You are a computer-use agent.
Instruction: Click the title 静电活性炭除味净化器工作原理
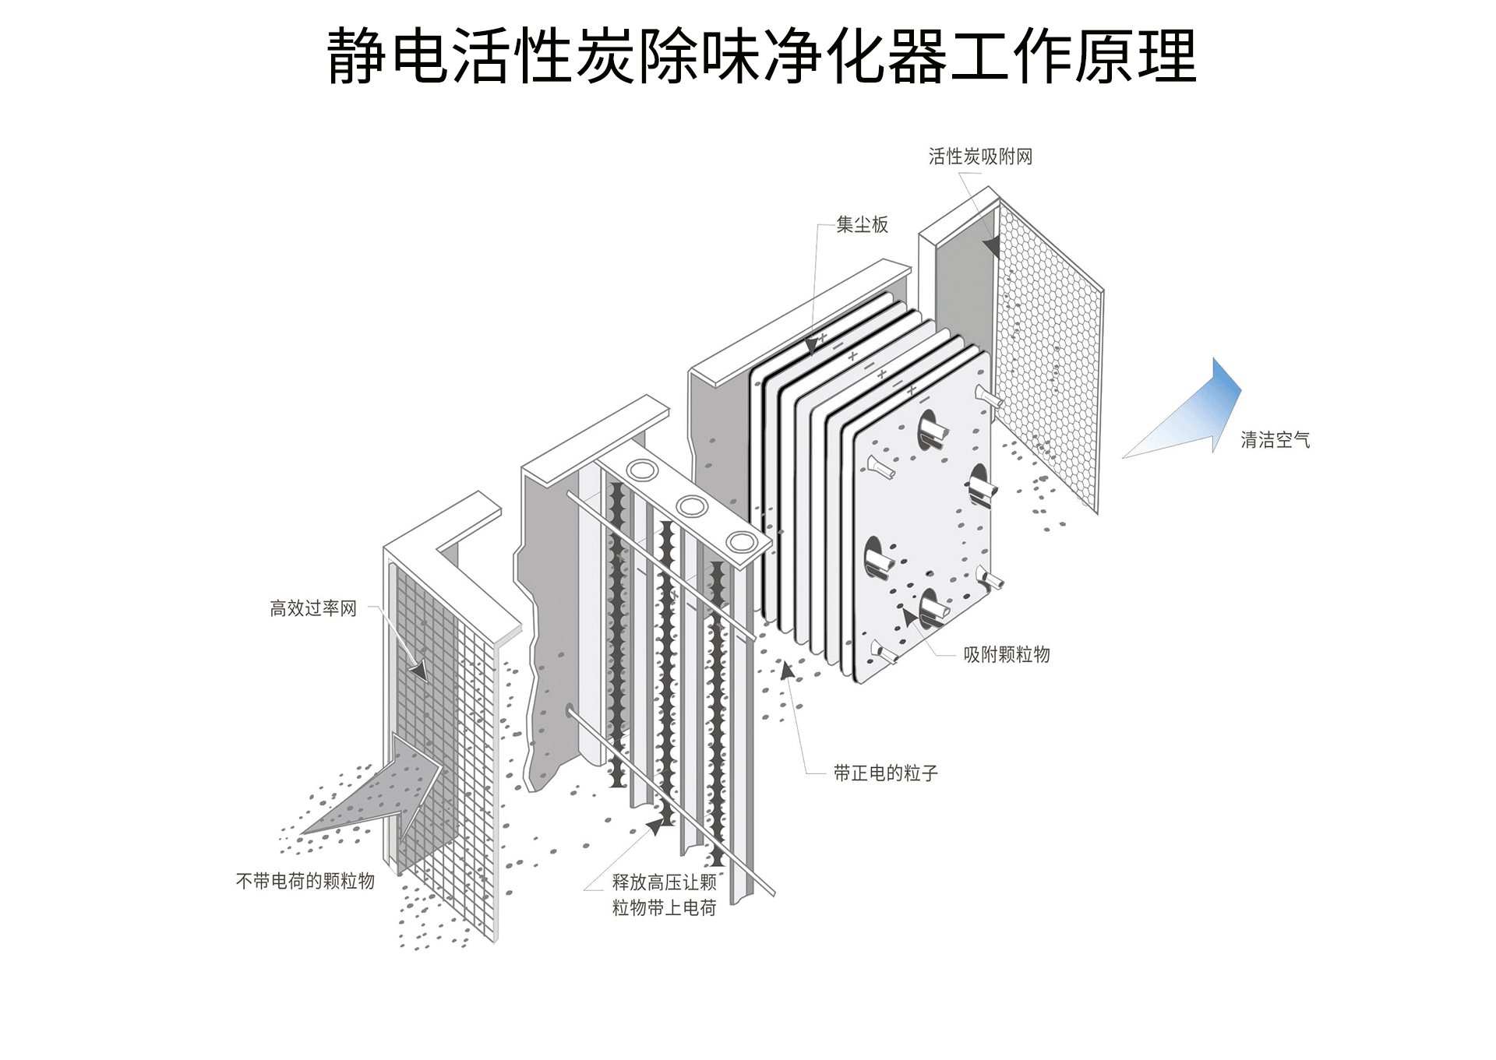[761, 56]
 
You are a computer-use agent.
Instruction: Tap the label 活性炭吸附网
[980, 157]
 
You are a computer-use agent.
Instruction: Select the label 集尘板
[862, 225]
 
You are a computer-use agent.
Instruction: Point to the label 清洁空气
[1275, 440]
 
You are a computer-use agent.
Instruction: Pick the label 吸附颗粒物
[1007, 654]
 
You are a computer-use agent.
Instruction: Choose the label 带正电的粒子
[885, 773]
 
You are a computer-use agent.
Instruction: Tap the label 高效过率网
[313, 608]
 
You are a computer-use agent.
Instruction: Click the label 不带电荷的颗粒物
[305, 881]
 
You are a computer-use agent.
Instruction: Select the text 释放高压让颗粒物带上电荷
[664, 895]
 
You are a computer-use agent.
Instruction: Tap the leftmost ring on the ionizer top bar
[643, 470]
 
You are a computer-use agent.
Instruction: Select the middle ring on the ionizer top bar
[691, 506]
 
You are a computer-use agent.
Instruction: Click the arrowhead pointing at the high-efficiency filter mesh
[419, 670]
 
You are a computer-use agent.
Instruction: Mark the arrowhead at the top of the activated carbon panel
[991, 248]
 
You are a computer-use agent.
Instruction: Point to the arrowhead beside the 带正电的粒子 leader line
[788, 670]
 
